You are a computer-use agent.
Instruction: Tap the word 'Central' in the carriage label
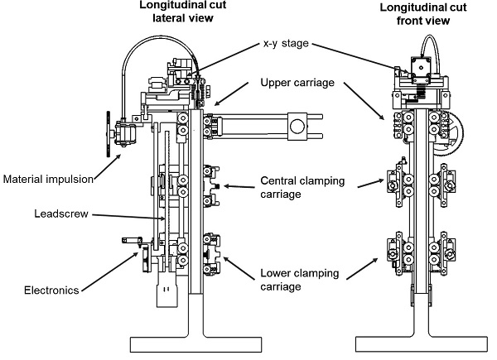(280, 180)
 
